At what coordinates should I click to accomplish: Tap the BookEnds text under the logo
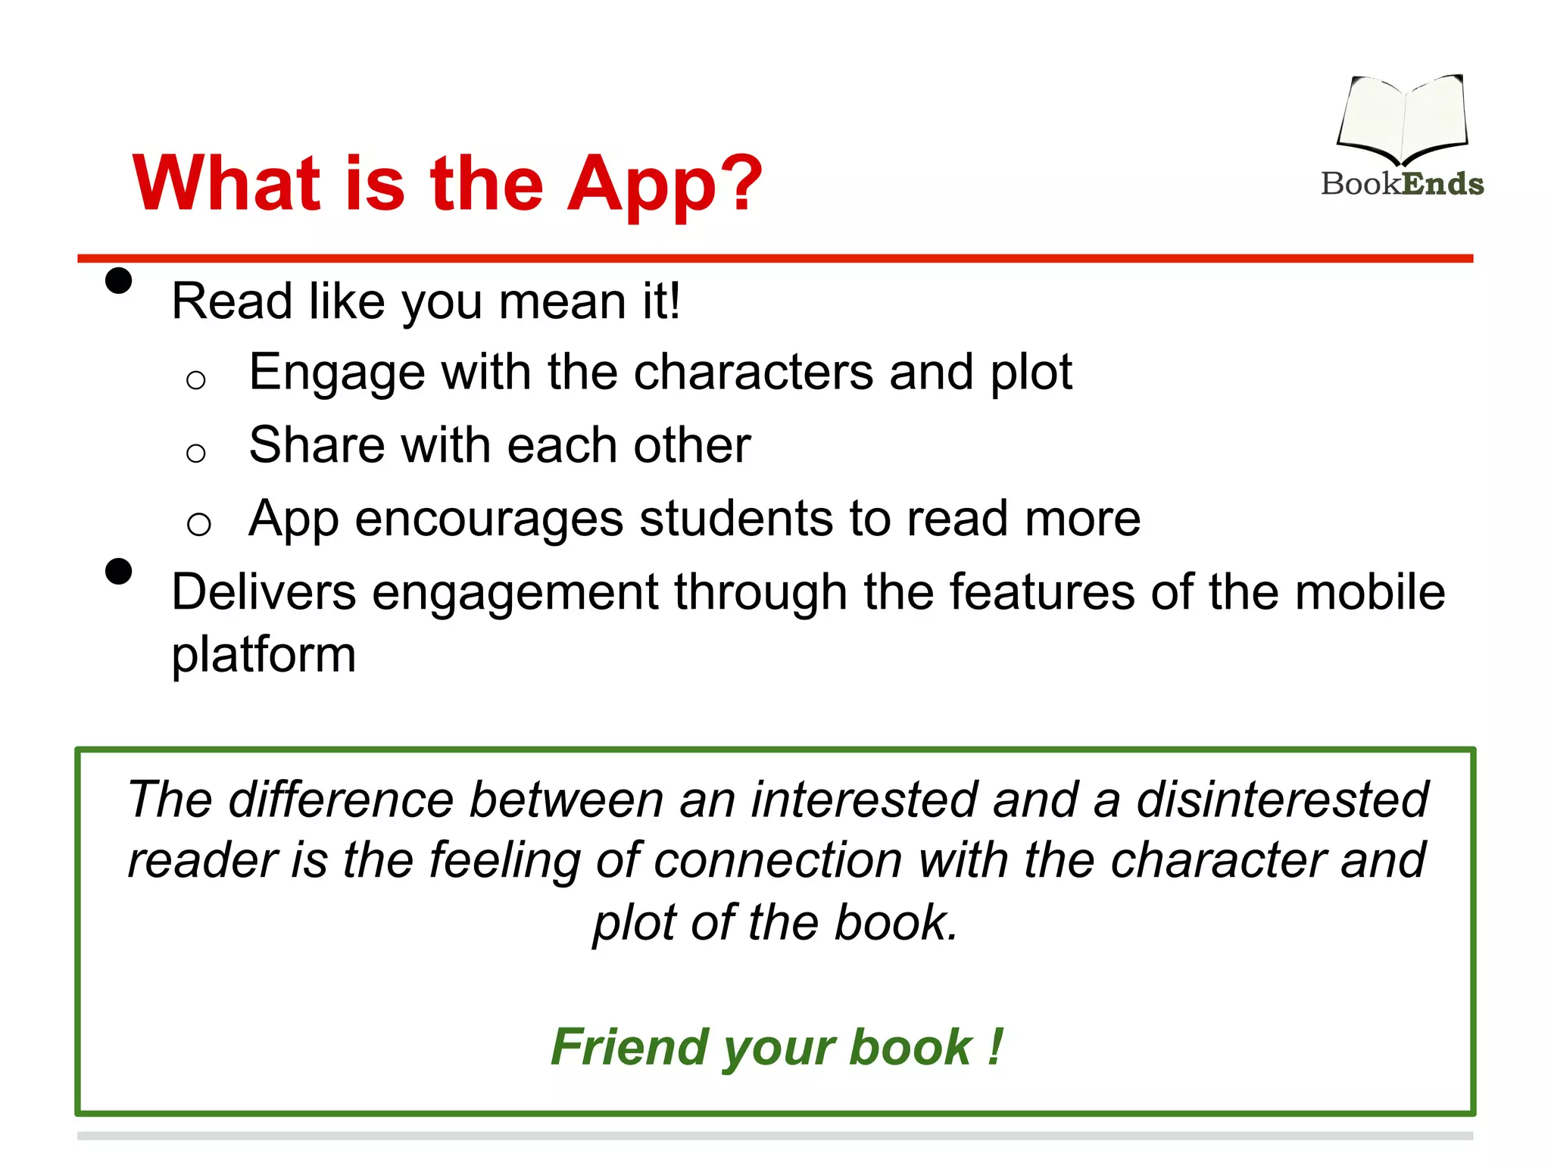(1402, 184)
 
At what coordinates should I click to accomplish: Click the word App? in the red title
(664, 184)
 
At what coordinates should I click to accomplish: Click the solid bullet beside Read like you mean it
(119, 280)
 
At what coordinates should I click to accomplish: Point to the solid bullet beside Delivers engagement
(119, 571)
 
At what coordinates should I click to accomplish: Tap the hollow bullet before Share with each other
(196, 454)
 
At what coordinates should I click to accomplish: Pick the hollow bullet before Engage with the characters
(196, 380)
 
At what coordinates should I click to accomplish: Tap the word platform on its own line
(264, 656)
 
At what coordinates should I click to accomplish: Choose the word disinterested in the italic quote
(1282, 800)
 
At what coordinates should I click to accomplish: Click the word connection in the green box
(777, 861)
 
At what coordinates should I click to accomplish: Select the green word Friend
(631, 1047)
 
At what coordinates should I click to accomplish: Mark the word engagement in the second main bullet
(515, 593)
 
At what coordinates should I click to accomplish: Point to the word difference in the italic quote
(341, 800)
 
